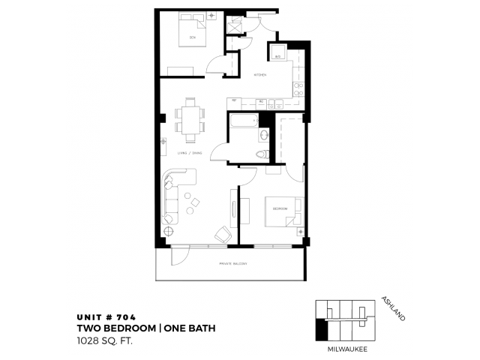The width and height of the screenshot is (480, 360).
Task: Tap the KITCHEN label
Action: click(x=259, y=75)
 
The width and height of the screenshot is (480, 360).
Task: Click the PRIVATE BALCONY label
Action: click(x=234, y=263)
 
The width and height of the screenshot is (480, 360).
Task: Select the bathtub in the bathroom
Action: click(x=244, y=121)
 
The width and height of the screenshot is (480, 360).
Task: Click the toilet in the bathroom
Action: click(x=261, y=154)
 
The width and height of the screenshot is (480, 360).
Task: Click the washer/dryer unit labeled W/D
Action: click(x=277, y=55)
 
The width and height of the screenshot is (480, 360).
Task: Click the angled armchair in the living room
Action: click(x=221, y=233)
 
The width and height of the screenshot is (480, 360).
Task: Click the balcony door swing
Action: click(x=181, y=256)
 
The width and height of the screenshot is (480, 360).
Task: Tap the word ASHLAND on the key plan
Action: click(x=393, y=307)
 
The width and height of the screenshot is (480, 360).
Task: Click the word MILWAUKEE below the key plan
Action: click(x=347, y=349)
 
